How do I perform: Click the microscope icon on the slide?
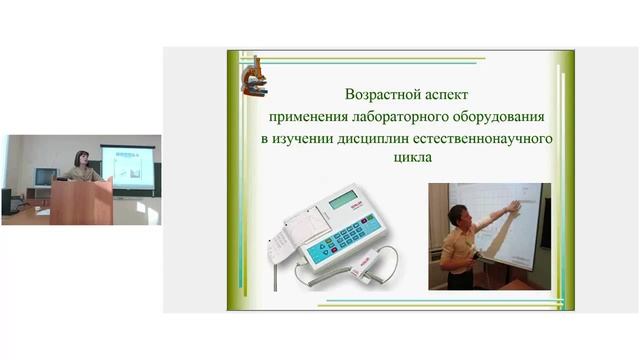point(253,76)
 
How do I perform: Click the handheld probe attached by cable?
point(371,271)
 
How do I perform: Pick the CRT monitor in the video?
point(45,178)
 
